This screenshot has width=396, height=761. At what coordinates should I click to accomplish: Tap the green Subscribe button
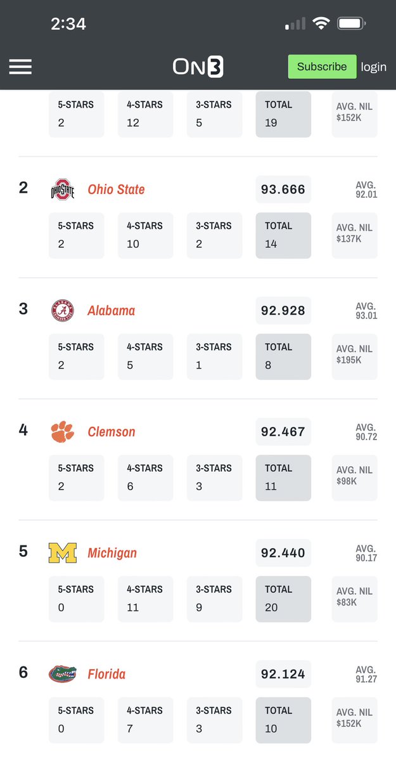tap(322, 67)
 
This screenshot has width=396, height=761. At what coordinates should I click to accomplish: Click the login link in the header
tap(373, 67)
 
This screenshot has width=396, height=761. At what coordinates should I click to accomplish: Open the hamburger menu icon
tap(20, 67)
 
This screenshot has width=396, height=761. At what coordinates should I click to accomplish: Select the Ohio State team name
tap(116, 190)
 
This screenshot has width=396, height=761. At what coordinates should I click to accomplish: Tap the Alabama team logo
tap(62, 311)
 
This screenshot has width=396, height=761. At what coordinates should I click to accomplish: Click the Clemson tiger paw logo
tap(62, 432)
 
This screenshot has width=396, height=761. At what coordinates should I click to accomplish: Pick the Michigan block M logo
tap(62, 553)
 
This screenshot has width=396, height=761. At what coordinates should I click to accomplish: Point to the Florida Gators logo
tap(62, 673)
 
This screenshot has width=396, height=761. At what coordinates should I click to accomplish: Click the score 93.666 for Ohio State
tap(283, 190)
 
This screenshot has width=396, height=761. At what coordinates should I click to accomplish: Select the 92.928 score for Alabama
tap(283, 311)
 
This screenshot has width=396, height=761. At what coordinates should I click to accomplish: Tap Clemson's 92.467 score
tap(283, 432)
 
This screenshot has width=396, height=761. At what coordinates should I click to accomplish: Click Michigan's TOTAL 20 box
tap(283, 599)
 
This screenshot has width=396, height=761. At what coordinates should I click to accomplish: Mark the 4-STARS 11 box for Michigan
tap(145, 599)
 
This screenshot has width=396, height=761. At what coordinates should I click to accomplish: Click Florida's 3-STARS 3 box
tap(214, 720)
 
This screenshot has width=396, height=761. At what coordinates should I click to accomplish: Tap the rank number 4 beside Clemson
tap(23, 430)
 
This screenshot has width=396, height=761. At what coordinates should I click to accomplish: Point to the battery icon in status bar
tap(351, 24)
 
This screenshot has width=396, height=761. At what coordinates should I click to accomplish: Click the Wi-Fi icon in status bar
tap(321, 24)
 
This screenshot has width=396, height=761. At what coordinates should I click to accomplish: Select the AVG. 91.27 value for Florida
tap(366, 675)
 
